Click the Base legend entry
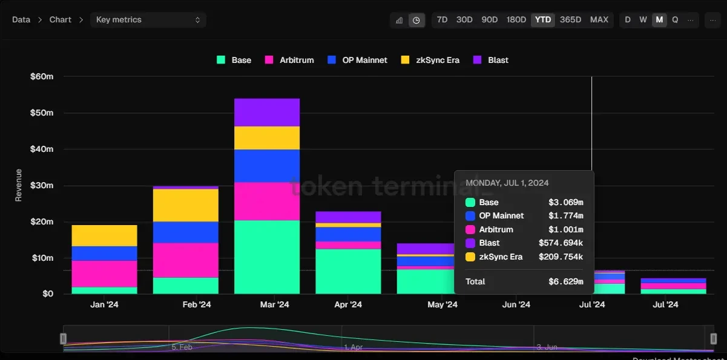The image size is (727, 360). (x=234, y=60)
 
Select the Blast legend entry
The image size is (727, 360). (x=491, y=60)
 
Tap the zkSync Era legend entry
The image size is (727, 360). (x=430, y=60)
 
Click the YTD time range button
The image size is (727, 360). (x=543, y=19)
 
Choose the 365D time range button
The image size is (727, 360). (x=570, y=19)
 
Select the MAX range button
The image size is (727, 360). (x=599, y=19)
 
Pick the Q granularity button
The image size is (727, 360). (x=675, y=19)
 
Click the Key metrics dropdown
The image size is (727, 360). (x=148, y=19)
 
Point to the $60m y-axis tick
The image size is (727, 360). (x=42, y=76)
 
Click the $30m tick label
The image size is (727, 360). (x=42, y=185)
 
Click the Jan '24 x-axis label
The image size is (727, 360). (x=105, y=304)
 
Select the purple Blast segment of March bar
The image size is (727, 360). (x=267, y=112)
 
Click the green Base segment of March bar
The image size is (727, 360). (x=267, y=257)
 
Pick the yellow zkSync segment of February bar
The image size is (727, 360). (x=186, y=205)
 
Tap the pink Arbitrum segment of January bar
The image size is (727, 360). (x=105, y=273)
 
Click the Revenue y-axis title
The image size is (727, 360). (x=18, y=185)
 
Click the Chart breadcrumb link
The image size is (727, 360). (x=61, y=19)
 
